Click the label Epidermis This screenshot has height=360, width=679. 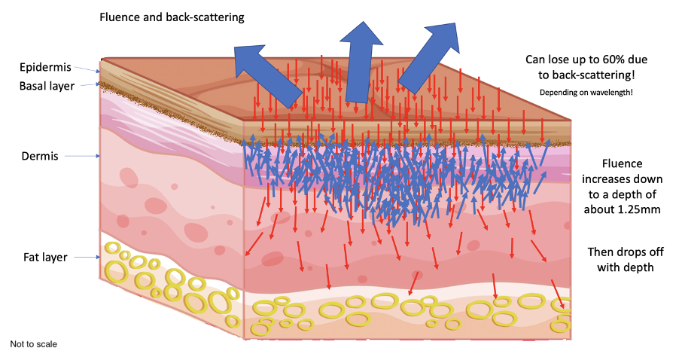46,68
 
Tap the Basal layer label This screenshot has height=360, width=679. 47,86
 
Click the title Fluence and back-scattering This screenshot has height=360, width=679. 172,16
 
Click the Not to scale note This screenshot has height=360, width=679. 33,344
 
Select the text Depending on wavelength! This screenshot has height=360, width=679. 585,92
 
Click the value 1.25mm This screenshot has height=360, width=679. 638,209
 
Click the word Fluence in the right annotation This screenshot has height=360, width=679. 622,164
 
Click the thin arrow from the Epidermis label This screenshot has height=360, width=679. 89,70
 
